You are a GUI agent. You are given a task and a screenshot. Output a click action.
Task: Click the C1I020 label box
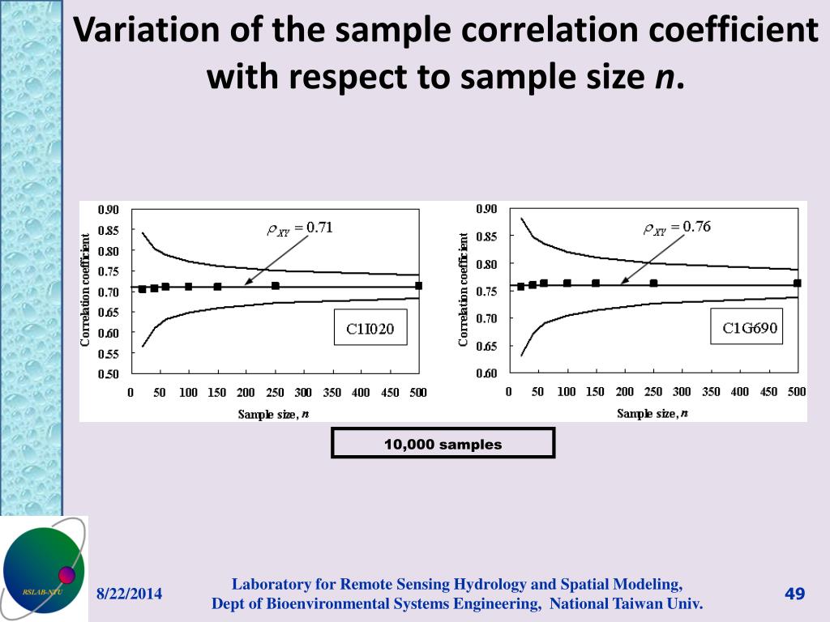click(371, 328)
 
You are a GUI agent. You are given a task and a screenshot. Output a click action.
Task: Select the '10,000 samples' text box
click(443, 444)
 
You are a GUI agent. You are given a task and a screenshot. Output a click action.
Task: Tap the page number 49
click(794, 594)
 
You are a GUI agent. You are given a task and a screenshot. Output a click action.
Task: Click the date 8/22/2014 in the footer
click(130, 594)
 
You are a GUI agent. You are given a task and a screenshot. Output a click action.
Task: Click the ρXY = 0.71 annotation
click(300, 228)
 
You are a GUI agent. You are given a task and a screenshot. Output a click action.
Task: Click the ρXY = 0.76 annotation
click(677, 228)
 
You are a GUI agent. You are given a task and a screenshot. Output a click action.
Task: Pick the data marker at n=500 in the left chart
click(419, 285)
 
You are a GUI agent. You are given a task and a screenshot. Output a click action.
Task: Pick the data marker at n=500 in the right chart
click(798, 283)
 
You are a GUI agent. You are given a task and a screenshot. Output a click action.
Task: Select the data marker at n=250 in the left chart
click(276, 286)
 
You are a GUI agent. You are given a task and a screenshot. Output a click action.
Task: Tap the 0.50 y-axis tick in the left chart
click(109, 374)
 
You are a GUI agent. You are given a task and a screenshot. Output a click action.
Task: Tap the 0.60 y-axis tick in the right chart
click(487, 373)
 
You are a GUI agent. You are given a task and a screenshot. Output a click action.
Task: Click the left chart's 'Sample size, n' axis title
click(273, 414)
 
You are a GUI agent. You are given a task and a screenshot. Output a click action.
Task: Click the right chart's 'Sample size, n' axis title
click(652, 413)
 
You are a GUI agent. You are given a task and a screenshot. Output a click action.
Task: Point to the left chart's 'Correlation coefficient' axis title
click(85, 290)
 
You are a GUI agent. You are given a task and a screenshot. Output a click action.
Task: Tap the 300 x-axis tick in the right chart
click(682, 392)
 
